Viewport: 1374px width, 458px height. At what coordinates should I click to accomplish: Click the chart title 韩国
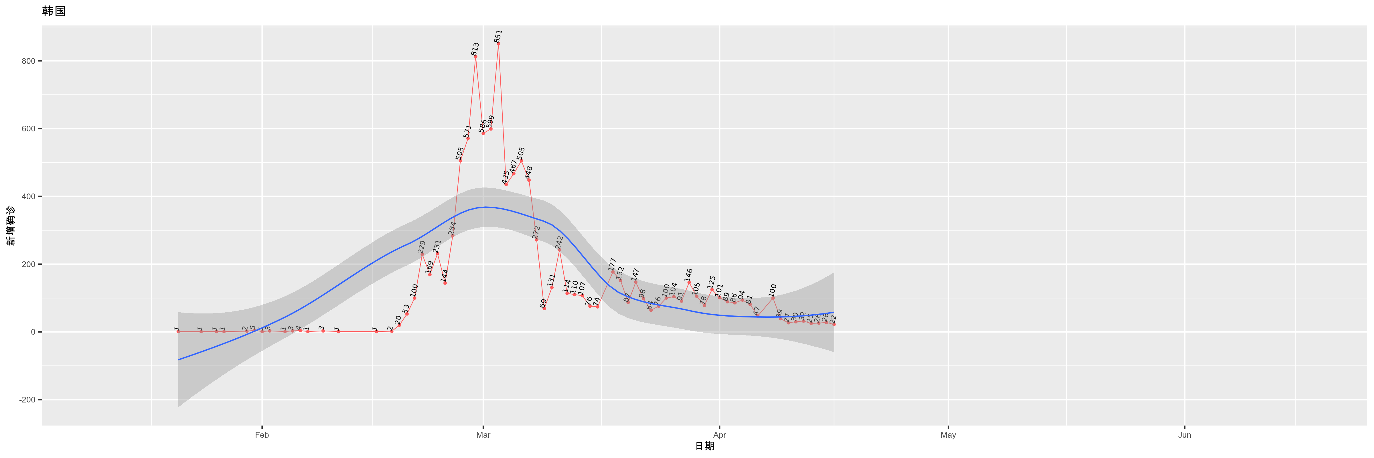(x=53, y=11)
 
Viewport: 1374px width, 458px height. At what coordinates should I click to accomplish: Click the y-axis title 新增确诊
(x=11, y=226)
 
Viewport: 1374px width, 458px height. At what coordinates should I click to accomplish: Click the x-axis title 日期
(x=704, y=446)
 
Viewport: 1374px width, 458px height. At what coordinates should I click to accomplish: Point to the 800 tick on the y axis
(x=28, y=61)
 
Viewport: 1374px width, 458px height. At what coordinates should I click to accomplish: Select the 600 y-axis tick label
(x=28, y=129)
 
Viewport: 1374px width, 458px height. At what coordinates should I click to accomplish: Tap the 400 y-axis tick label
(x=28, y=196)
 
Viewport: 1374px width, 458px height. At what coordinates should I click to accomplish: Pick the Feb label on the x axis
(x=262, y=435)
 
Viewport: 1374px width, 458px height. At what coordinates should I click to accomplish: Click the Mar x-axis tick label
(x=483, y=435)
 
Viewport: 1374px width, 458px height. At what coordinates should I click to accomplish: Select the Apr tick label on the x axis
(x=720, y=435)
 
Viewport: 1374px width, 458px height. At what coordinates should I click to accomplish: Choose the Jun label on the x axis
(x=1185, y=435)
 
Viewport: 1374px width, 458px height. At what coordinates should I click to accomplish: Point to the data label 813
(x=475, y=49)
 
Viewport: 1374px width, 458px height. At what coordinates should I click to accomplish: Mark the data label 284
(x=452, y=228)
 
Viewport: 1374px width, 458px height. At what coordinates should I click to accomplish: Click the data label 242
(x=559, y=242)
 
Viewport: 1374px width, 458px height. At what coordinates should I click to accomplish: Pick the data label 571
(x=468, y=131)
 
